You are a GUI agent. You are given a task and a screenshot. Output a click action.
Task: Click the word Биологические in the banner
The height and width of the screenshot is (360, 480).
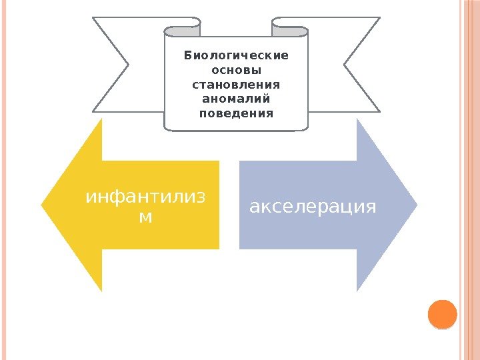click(x=236, y=55)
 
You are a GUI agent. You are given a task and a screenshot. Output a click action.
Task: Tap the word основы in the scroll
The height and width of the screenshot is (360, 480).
click(x=236, y=70)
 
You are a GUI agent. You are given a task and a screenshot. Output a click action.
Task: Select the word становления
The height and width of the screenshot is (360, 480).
click(x=236, y=85)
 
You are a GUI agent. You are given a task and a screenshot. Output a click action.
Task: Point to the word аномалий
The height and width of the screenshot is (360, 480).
click(x=236, y=99)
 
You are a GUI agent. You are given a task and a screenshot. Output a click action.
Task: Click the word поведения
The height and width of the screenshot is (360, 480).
click(x=236, y=113)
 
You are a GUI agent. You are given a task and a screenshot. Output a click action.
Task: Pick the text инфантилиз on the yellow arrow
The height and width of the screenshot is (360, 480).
click(x=146, y=198)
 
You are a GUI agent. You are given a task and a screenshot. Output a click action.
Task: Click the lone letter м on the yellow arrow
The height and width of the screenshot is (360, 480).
click(x=145, y=217)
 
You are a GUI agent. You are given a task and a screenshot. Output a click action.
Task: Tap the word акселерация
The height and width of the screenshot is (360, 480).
click(x=313, y=206)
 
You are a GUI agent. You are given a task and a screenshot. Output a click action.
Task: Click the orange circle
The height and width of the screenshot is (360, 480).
click(x=441, y=314)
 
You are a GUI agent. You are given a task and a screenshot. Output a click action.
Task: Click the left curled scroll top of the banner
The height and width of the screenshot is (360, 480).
click(x=182, y=30)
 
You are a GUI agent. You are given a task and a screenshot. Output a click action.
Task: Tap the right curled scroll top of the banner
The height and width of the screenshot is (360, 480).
click(x=290, y=30)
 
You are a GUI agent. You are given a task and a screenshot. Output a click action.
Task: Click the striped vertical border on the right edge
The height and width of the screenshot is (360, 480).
click(x=469, y=180)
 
